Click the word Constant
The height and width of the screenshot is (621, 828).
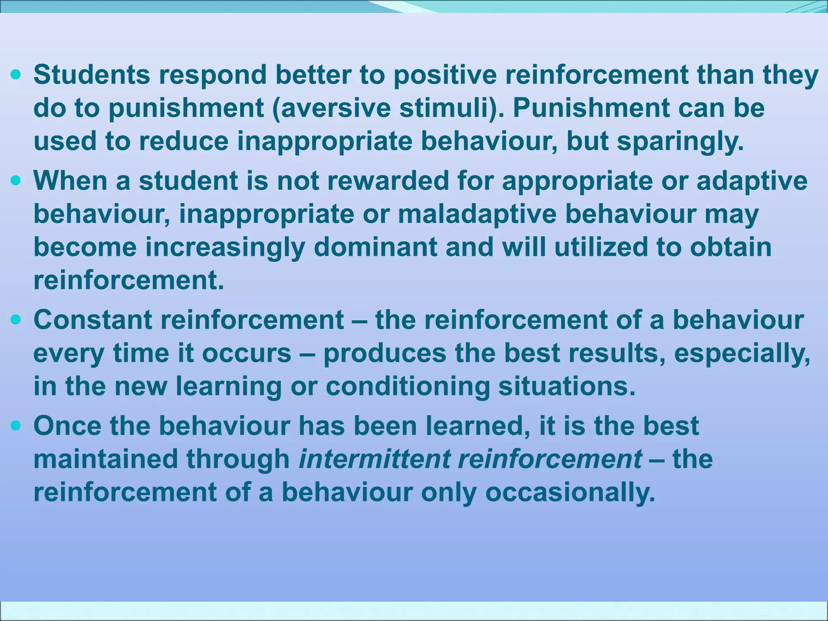click(93, 320)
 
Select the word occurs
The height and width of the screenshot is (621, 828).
click(246, 353)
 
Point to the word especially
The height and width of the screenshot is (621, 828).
click(742, 353)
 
